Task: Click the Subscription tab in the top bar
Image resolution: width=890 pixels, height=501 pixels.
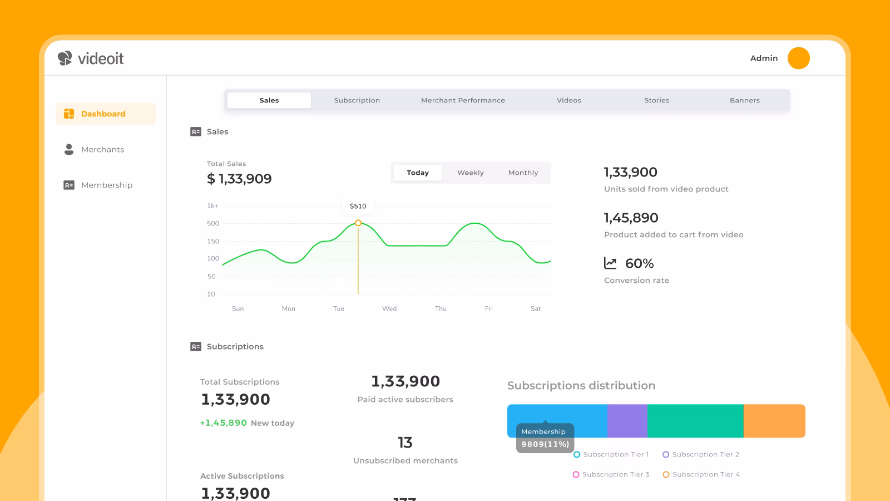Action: pos(357,100)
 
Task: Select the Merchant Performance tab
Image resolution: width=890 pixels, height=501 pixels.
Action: pos(463,100)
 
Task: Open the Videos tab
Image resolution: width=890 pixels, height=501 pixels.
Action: pos(568,100)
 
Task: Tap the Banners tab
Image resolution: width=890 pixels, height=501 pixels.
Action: pos(745,100)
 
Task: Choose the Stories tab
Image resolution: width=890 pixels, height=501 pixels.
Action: pos(656,100)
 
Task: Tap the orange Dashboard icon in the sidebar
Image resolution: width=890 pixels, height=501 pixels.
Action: pos(69,114)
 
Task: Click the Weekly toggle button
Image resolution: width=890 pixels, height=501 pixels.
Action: pos(471,173)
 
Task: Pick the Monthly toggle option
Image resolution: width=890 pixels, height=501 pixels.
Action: pos(523,173)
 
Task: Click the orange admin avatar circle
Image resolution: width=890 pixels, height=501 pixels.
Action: pos(799,58)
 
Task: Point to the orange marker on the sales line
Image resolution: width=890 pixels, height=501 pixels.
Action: pos(358,223)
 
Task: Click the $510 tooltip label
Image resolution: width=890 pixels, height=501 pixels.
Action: pos(358,206)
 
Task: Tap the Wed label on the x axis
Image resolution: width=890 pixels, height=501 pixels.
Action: pos(389,308)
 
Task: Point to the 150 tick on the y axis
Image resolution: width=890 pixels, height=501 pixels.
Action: pos(213,241)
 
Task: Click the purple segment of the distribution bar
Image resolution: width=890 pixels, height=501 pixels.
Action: pos(627,421)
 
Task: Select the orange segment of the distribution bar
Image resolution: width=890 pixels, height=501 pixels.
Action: pos(774,421)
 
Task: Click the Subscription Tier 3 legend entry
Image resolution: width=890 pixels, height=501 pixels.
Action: pos(611,474)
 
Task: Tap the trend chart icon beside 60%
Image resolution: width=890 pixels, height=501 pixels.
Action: pos(610,263)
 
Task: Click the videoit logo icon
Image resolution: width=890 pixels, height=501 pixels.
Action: pos(65,58)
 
